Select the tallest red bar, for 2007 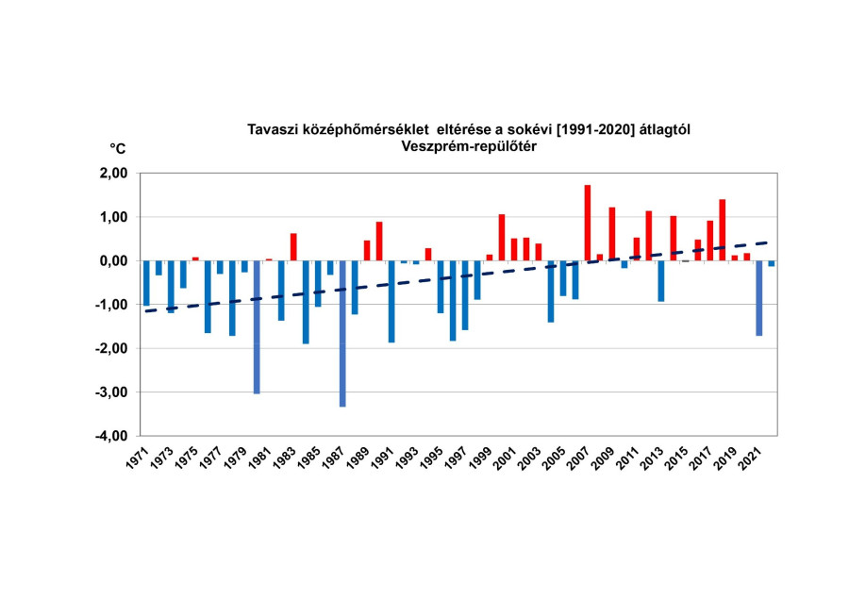[588, 223]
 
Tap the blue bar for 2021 [758, 298]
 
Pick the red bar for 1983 [293, 247]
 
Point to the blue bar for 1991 [391, 301]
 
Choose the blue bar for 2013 [661, 281]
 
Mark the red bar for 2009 [612, 234]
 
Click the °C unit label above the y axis [118, 148]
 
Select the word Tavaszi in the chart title [273, 129]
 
